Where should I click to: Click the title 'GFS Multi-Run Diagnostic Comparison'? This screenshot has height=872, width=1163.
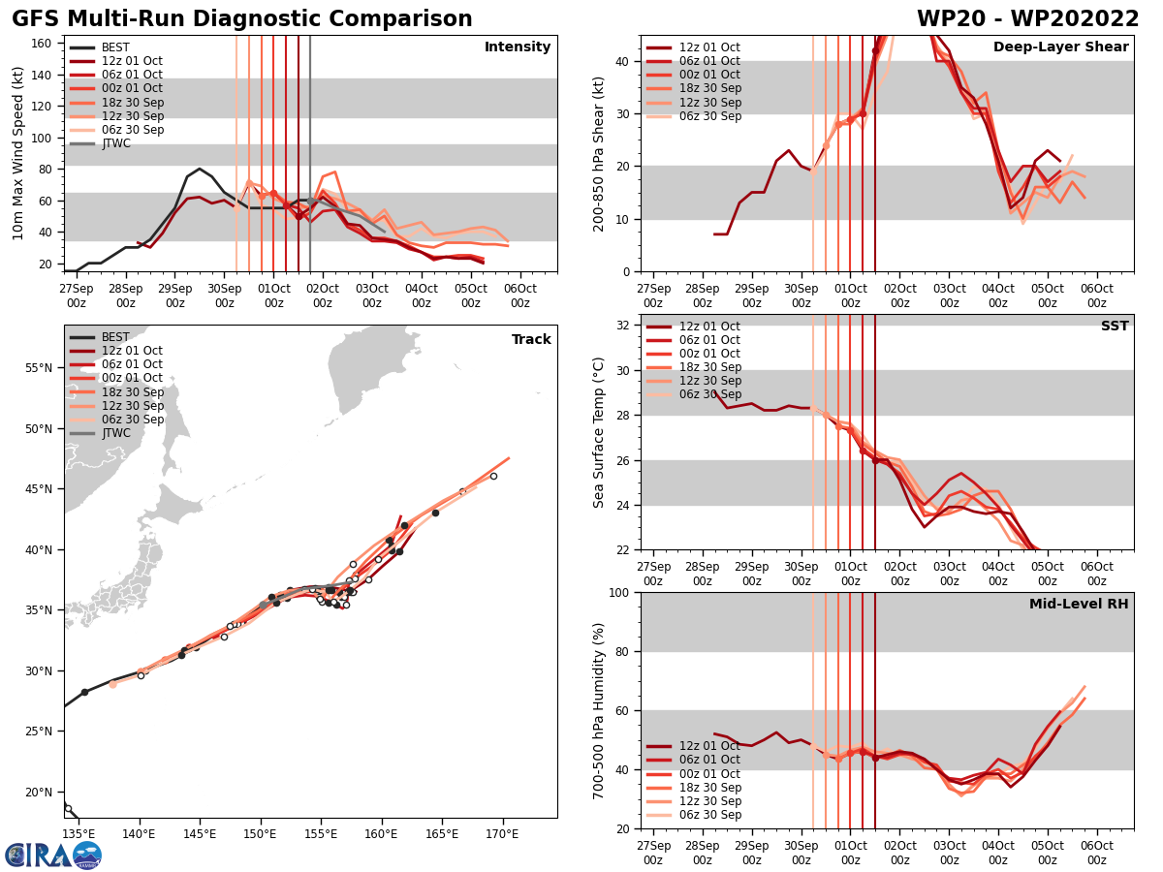pos(242,19)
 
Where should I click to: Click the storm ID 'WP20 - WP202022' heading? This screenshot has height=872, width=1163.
pos(1027,19)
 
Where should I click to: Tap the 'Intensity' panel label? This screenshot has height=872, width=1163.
pos(517,47)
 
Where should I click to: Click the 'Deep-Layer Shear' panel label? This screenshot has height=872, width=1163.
pos(1060,47)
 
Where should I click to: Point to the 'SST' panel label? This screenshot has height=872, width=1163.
pos(1114,327)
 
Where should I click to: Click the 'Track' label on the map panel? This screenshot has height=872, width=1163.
pos(531,340)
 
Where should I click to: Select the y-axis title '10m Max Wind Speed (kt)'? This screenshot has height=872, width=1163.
pos(18,153)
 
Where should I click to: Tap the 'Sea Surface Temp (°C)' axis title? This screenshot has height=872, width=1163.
pos(599,432)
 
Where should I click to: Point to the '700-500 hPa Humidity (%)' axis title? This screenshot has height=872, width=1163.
pos(599,710)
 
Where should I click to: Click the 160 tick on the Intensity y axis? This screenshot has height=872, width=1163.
pos(44,43)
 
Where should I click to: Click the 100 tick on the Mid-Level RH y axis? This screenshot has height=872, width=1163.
pos(621,592)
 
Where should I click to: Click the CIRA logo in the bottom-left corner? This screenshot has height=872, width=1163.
pos(52,855)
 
